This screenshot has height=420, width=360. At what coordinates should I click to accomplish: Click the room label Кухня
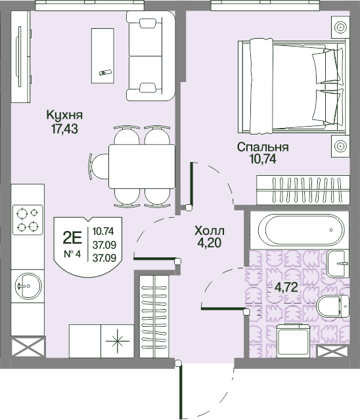(64, 115)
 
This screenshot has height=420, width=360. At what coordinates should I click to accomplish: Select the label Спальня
(263, 148)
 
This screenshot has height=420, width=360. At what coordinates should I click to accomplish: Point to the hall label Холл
(210, 230)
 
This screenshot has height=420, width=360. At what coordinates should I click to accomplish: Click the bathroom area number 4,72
(286, 287)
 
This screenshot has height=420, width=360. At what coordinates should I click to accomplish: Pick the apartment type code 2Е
(72, 238)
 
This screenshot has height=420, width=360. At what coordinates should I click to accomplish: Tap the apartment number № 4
(72, 254)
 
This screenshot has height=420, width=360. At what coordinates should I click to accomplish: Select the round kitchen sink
(28, 285)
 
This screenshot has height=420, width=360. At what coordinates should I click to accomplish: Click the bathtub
(300, 230)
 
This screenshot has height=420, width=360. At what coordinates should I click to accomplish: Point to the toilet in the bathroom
(332, 306)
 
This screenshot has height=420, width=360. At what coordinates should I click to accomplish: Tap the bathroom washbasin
(338, 264)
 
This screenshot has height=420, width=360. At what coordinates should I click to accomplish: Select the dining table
(142, 166)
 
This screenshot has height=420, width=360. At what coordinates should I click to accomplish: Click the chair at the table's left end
(99, 166)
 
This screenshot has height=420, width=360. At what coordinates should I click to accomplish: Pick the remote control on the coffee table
(105, 72)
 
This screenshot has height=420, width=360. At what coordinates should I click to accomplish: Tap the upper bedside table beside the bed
(340, 28)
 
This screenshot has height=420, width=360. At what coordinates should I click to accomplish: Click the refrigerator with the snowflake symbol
(118, 341)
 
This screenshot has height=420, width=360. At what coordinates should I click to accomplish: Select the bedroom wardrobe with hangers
(303, 190)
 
